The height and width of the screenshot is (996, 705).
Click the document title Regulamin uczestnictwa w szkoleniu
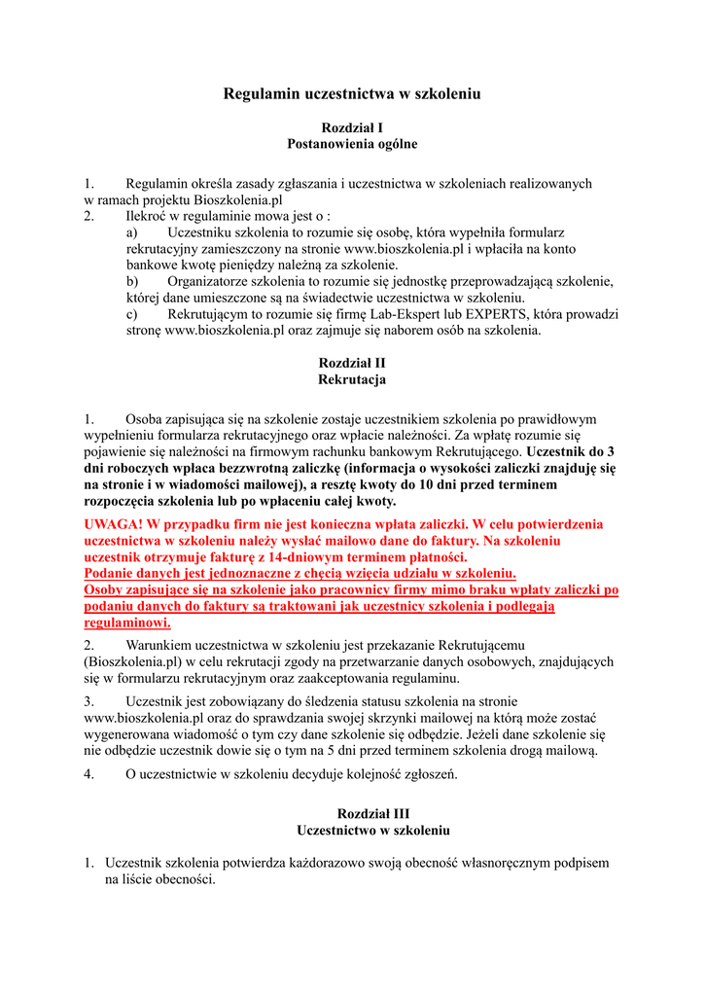[x=352, y=94]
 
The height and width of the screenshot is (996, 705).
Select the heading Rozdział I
[x=352, y=127]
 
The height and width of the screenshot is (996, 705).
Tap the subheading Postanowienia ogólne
[x=352, y=144]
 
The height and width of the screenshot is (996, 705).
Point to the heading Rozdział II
[x=352, y=363]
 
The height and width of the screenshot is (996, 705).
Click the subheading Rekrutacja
[x=352, y=379]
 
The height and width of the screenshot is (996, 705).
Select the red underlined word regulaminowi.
[x=127, y=622]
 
